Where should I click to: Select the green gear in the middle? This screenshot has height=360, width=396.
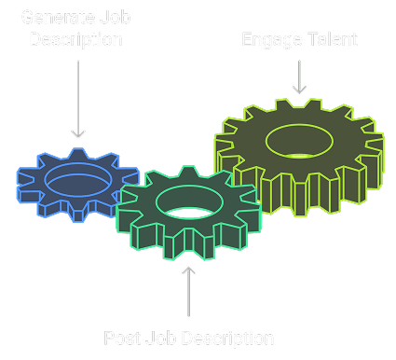click(x=186, y=224)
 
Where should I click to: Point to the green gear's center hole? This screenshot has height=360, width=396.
click(x=187, y=201)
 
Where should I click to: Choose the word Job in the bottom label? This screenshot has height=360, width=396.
click(x=158, y=337)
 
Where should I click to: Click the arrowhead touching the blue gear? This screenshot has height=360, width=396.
click(x=78, y=136)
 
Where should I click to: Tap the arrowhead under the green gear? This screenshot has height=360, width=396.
click(x=189, y=271)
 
